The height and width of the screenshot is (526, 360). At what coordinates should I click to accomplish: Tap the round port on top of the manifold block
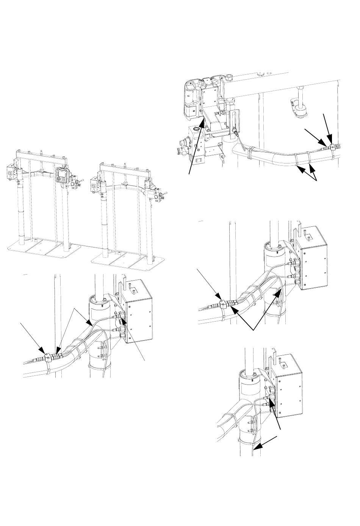click(196, 129)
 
